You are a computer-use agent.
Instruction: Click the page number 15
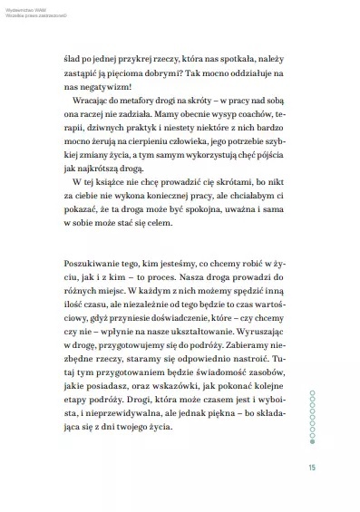[x=312, y=468]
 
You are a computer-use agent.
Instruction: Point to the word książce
[x=104, y=200]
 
